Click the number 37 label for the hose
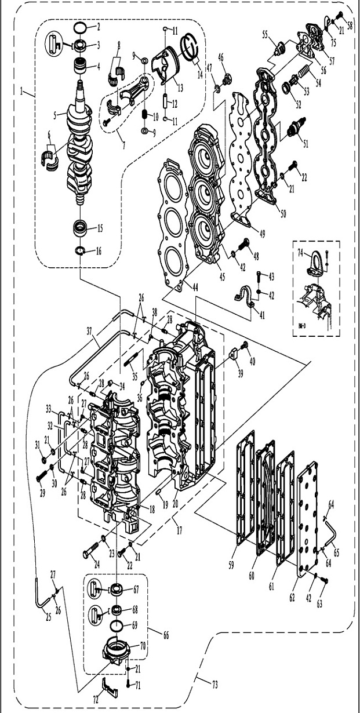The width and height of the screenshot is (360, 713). coord(89,330)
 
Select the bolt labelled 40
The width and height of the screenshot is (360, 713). coord(245,345)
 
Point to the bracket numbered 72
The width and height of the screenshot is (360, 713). coord(108,688)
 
